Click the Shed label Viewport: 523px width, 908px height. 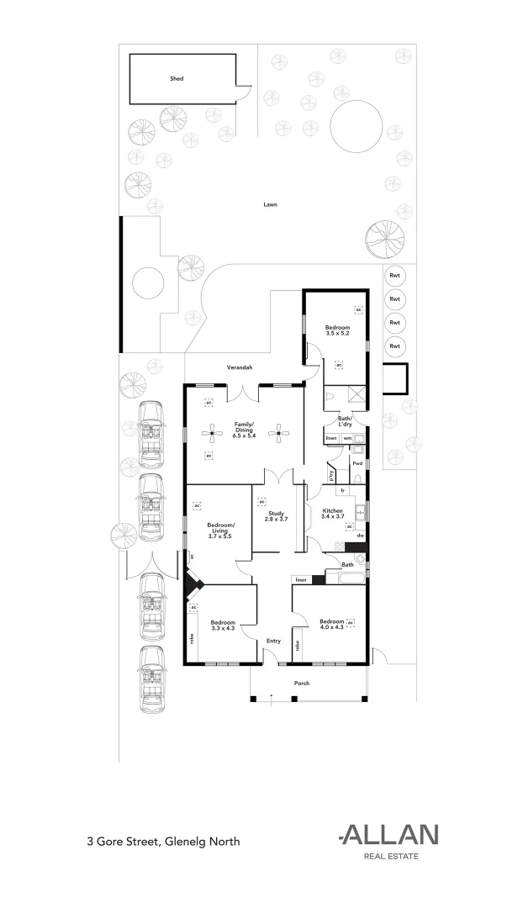pos(177,78)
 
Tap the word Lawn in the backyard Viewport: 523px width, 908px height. pos(270,204)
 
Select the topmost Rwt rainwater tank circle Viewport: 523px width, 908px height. pos(394,276)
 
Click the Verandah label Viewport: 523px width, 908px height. pos(240,368)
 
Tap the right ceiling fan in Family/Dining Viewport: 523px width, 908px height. pos(278,434)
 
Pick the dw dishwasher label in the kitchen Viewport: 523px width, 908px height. pos(360,535)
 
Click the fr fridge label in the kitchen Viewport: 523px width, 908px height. pos(342,489)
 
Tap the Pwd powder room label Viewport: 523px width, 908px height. pos(357,463)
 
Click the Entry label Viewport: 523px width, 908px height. pos(274,641)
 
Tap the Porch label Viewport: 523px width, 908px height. pos(301,683)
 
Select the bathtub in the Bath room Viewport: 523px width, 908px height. pos(346,578)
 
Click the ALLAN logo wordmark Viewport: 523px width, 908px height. pos(388,834)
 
